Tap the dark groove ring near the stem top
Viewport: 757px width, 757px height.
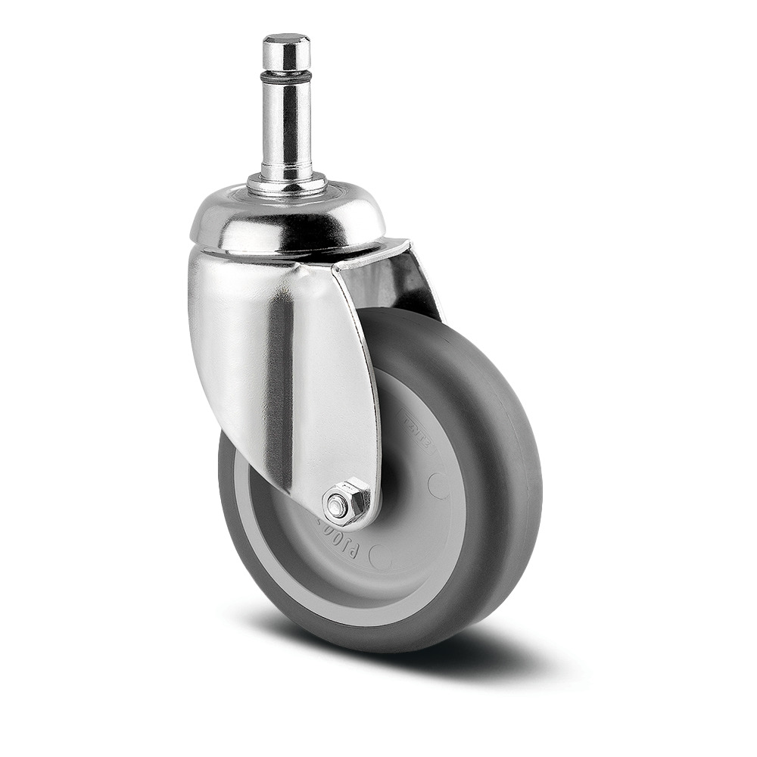click(x=286, y=76)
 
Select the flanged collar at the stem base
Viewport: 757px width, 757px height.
click(x=287, y=183)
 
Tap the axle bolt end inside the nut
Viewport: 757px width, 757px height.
click(x=337, y=506)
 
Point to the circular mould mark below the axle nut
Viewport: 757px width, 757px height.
click(x=380, y=558)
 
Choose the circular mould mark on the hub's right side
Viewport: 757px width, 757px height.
click(x=438, y=484)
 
